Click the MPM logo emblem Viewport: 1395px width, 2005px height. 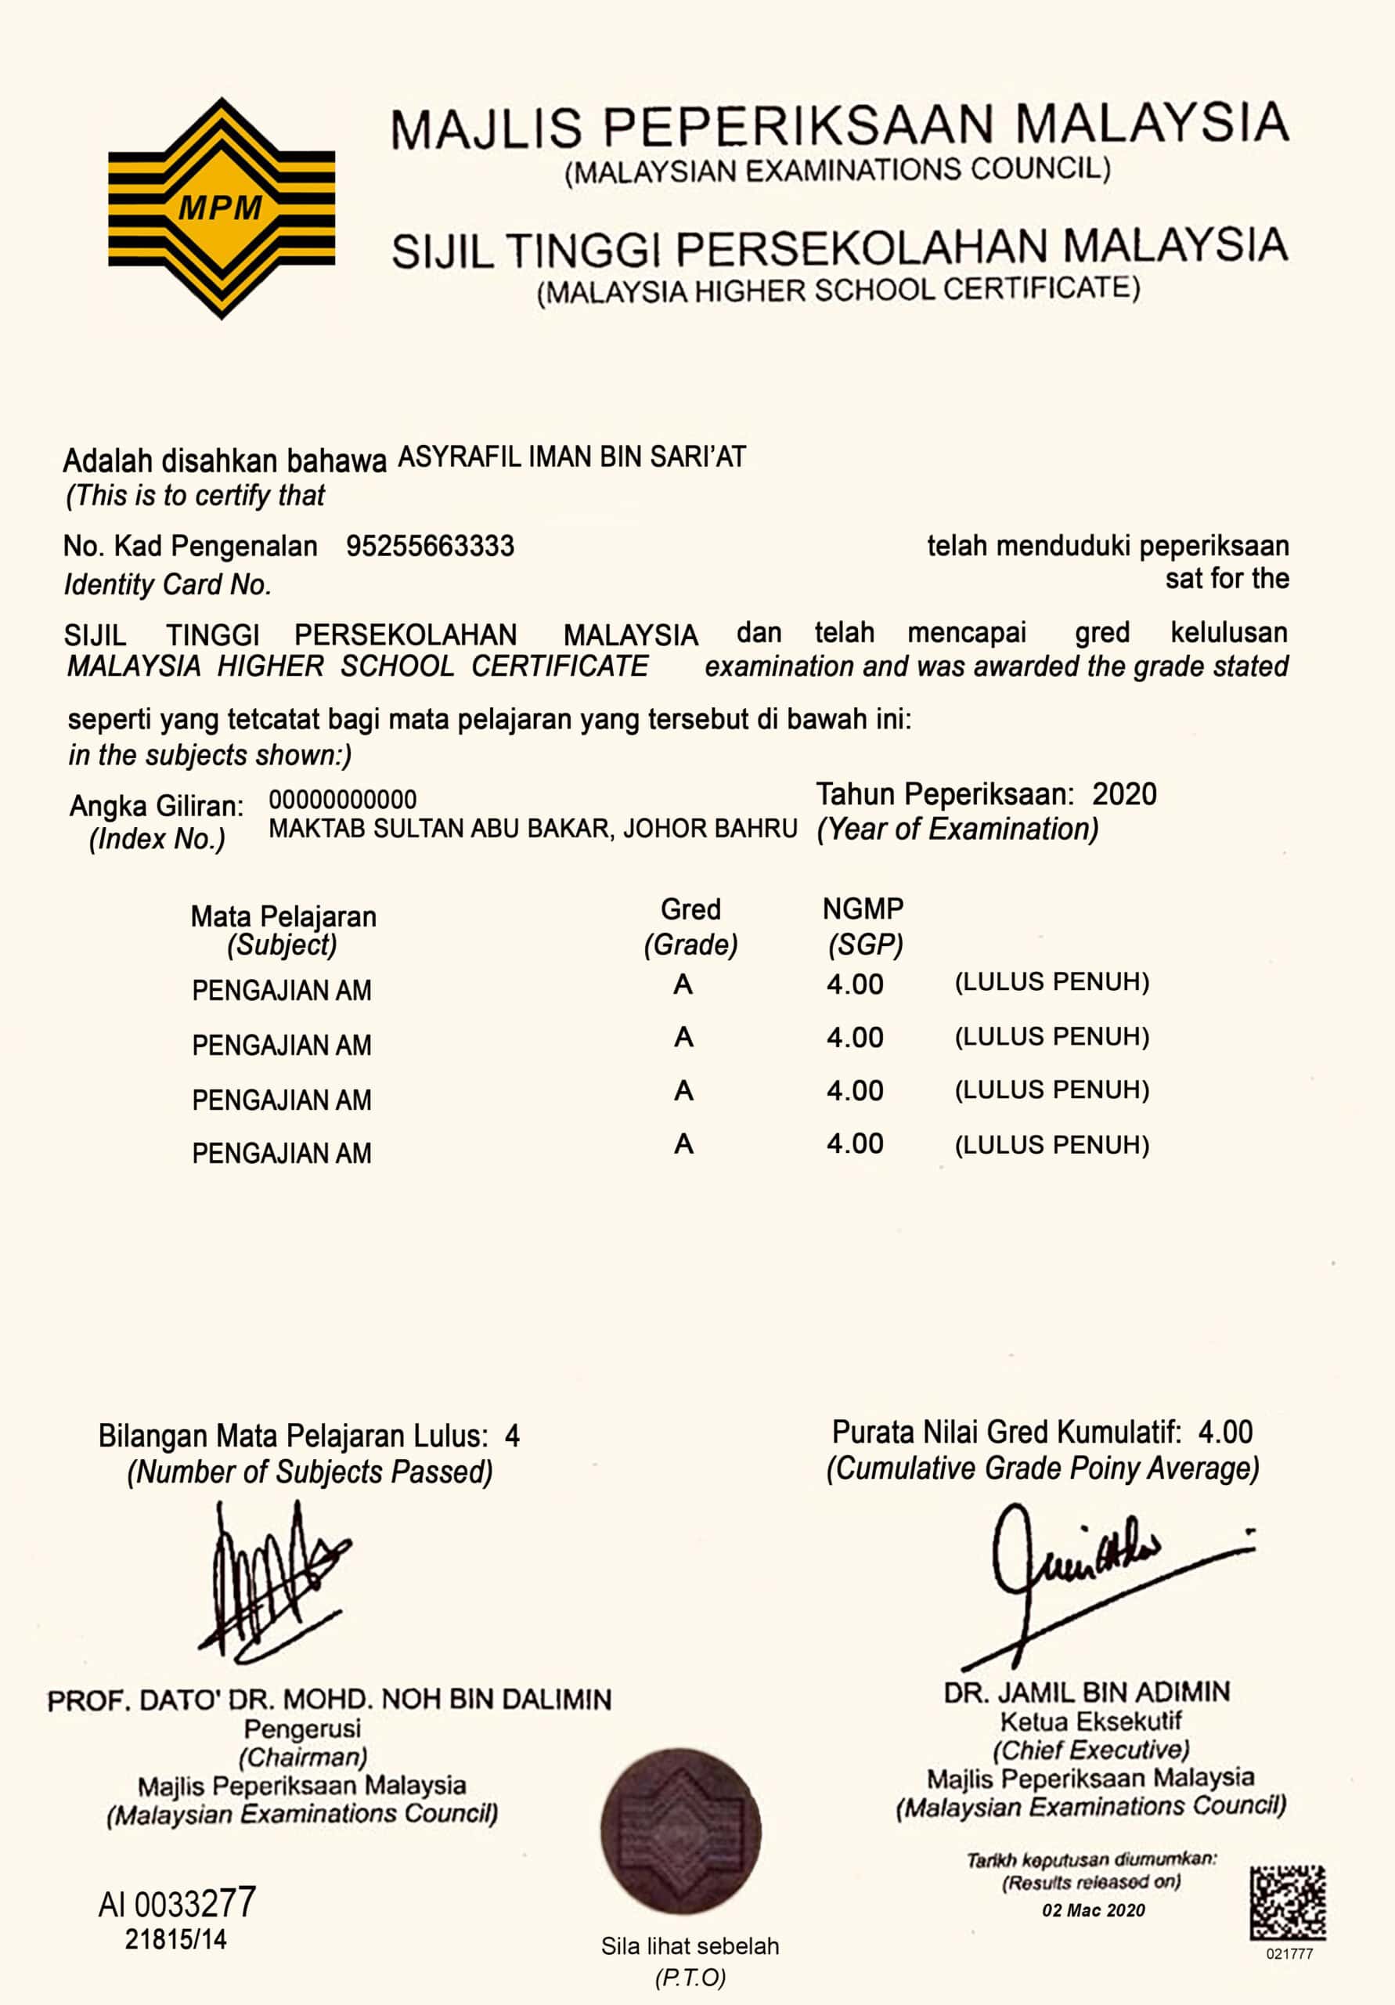pos(221,208)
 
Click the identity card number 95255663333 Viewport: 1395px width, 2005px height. pos(430,547)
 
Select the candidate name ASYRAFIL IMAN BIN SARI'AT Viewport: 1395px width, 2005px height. pos(571,457)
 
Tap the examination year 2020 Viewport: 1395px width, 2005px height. pos(1124,794)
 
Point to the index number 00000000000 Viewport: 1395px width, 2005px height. pos(342,799)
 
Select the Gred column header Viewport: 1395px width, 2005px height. pos(690,909)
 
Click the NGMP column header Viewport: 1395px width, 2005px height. pos(863,909)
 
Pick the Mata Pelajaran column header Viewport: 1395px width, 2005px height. pos(283,916)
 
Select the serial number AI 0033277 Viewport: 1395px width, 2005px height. pos(177,1904)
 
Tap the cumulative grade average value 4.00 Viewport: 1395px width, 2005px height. pos(1225,1432)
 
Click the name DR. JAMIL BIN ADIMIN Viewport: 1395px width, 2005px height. pos(1087,1693)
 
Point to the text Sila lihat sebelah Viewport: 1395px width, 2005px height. pos(690,1945)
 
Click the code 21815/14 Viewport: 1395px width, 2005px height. pos(175,1939)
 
